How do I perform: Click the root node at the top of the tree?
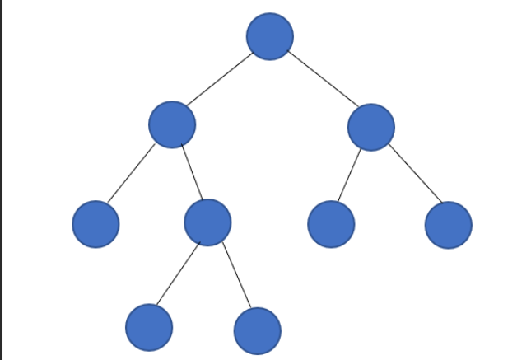click(x=269, y=36)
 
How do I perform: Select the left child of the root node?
click(x=172, y=124)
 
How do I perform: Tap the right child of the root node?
click(x=370, y=127)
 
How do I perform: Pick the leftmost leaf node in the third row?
click(x=95, y=223)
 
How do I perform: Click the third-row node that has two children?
click(x=207, y=222)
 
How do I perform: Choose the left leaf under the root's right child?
click(x=331, y=223)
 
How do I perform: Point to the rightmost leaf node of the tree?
click(x=449, y=224)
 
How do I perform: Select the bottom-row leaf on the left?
click(x=149, y=327)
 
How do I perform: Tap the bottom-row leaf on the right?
click(x=257, y=330)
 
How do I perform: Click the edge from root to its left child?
click(x=220, y=80)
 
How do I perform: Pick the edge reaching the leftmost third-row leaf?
click(x=131, y=174)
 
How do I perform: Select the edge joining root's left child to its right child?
click(x=191, y=173)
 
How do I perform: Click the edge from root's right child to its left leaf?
click(x=350, y=175)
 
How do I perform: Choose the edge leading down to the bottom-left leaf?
click(x=178, y=274)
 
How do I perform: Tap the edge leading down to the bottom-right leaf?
click(x=236, y=276)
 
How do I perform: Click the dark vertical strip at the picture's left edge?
click(x=2, y=180)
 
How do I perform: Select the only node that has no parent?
click(x=269, y=36)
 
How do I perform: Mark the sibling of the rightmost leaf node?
click(x=331, y=223)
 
